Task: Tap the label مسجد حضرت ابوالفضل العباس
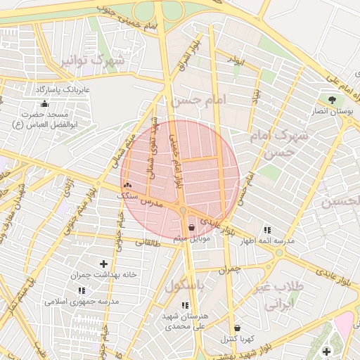[43, 119]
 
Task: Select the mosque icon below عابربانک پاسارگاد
[45, 104]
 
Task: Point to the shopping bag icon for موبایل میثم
[192, 227]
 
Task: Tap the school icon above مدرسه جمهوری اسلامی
[82, 290]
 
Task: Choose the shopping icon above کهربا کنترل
[237, 328]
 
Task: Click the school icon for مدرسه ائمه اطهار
[266, 229]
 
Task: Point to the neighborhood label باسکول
[184, 285]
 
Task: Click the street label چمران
[229, 269]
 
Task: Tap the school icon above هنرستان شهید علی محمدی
[185, 305]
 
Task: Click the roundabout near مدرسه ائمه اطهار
[279, 252]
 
